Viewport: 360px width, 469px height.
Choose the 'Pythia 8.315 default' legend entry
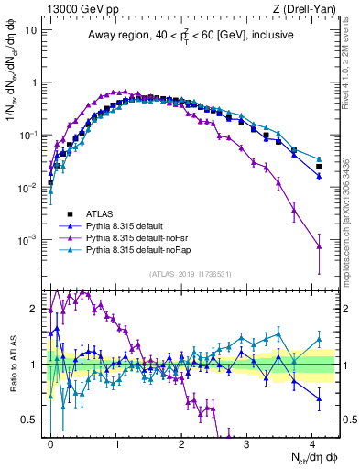coord(132,224)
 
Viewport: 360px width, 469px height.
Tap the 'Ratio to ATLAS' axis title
coord(13,365)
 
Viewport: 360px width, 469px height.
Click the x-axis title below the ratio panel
coord(301,456)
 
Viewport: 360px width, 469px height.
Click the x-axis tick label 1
coord(116,442)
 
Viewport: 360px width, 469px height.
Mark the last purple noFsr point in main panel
coord(319,245)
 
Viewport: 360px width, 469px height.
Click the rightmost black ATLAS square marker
coord(319,166)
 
